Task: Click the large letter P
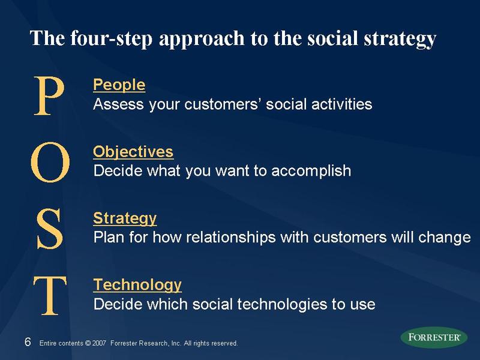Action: coord(49,96)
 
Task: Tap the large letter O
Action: coord(50,163)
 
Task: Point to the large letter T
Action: coord(49,296)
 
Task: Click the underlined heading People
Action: coord(119,85)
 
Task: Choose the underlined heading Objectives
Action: coord(133,151)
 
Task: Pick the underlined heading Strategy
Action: coord(125,218)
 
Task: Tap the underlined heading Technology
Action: coord(137,284)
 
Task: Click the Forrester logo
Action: coord(434,337)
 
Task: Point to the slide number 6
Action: coord(27,342)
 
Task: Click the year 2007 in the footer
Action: coord(100,343)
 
